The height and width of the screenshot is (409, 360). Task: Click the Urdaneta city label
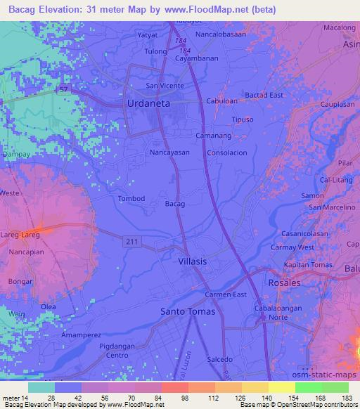click(150, 103)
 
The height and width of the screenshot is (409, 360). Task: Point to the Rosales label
click(284, 283)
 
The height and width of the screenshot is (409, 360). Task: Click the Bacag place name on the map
click(174, 204)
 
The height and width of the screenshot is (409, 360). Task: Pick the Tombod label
click(131, 199)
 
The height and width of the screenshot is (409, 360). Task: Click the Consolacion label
click(226, 152)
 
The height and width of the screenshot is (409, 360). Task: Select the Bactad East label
click(264, 95)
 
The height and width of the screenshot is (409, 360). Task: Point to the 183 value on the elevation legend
click(347, 397)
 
